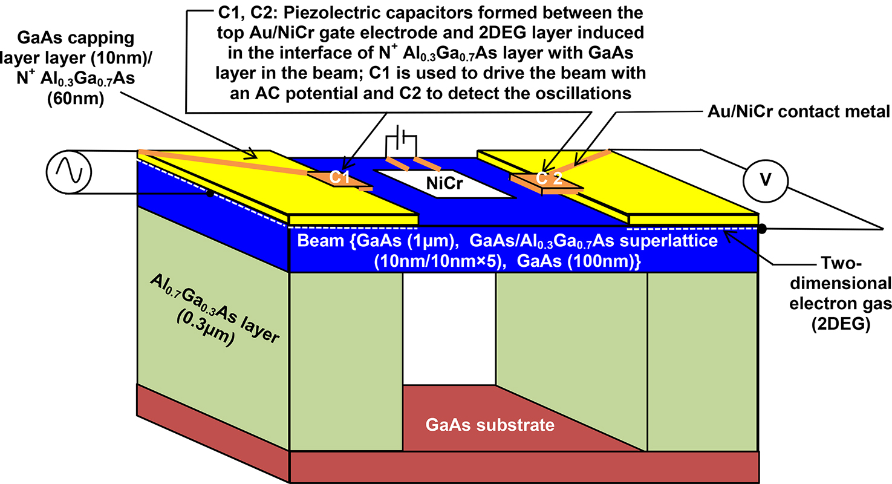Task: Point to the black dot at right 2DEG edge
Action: (763, 229)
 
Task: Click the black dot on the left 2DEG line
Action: (209, 194)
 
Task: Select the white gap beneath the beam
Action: (448, 327)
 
